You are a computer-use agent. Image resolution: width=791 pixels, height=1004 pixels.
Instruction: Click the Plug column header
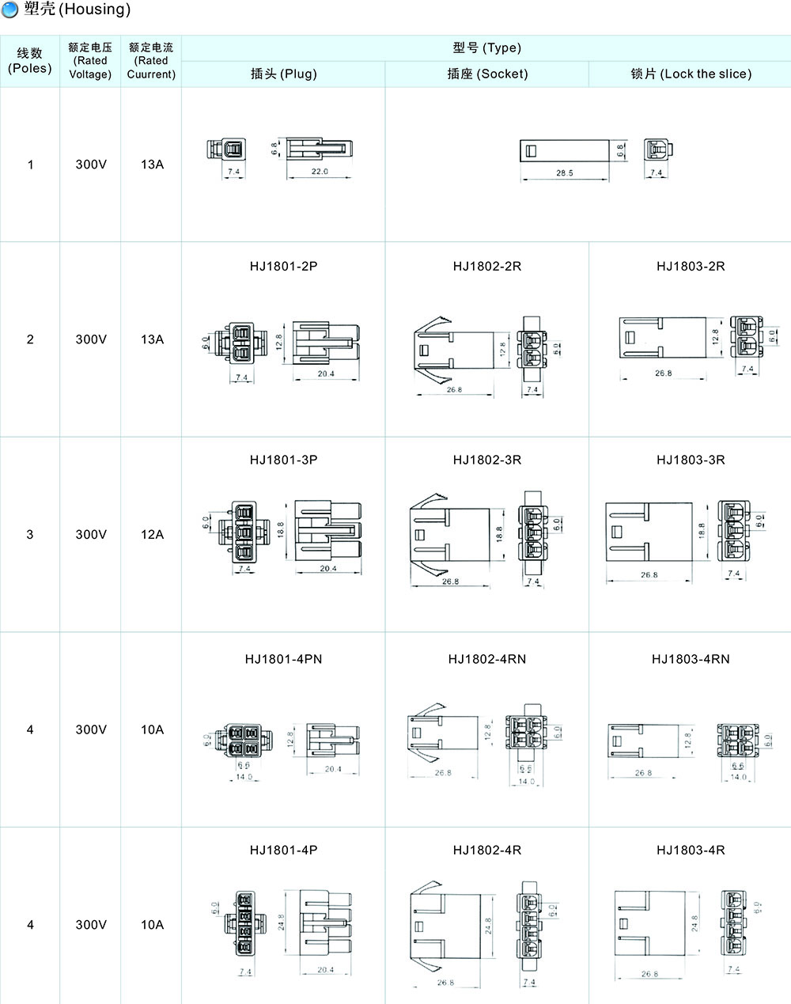[283, 74]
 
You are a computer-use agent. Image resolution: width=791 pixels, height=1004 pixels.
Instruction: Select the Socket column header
[486, 74]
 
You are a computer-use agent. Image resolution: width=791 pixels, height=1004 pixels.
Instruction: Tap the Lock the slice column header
[691, 74]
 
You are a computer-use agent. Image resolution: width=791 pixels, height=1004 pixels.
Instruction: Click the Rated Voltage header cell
[90, 61]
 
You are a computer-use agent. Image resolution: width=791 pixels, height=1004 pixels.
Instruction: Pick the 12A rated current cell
[152, 534]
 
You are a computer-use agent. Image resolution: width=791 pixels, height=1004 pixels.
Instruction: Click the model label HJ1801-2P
[283, 266]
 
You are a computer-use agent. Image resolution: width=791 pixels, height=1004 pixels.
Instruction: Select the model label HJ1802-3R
[486, 460]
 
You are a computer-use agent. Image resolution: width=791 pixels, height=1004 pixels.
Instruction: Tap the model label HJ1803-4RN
[691, 659]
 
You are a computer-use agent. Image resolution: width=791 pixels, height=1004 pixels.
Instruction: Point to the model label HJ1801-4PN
[283, 659]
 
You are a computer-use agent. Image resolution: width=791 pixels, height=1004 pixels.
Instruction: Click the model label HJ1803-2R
[691, 266]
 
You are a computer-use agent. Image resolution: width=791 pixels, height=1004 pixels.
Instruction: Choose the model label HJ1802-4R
[486, 850]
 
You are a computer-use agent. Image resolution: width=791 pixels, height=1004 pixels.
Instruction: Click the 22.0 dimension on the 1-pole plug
[320, 172]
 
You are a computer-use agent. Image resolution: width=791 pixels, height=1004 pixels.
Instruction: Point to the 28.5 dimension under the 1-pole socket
[564, 172]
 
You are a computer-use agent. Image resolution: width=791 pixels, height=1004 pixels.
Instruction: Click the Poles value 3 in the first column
[30, 534]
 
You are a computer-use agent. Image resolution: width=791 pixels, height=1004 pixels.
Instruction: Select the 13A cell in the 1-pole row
[152, 165]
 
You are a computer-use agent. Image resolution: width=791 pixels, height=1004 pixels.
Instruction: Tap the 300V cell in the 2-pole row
[90, 339]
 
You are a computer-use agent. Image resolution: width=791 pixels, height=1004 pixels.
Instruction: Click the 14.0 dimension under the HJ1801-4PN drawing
[244, 777]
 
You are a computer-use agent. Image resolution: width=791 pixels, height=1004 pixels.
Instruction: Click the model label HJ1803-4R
[691, 850]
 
